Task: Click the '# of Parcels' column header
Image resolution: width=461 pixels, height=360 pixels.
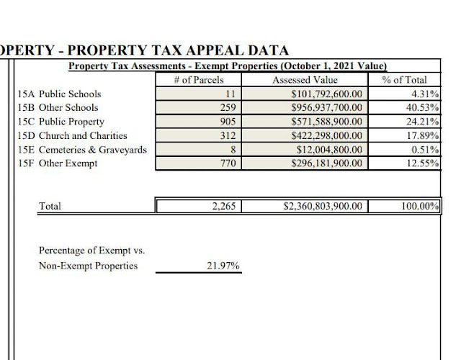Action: [199, 80]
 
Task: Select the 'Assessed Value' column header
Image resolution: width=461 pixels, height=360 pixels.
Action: [305, 80]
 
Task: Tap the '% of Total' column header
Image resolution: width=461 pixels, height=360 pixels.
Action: [404, 80]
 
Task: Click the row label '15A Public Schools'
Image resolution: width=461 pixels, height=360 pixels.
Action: [59, 94]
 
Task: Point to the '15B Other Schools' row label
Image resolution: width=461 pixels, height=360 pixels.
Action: [58, 107]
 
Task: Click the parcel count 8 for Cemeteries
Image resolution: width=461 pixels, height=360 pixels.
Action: [232, 149]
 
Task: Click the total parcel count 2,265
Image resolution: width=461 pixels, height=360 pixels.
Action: [224, 206]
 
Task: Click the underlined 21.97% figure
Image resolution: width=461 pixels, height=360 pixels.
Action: [223, 266]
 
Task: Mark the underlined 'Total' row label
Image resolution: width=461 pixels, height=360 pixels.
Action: [50, 206]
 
